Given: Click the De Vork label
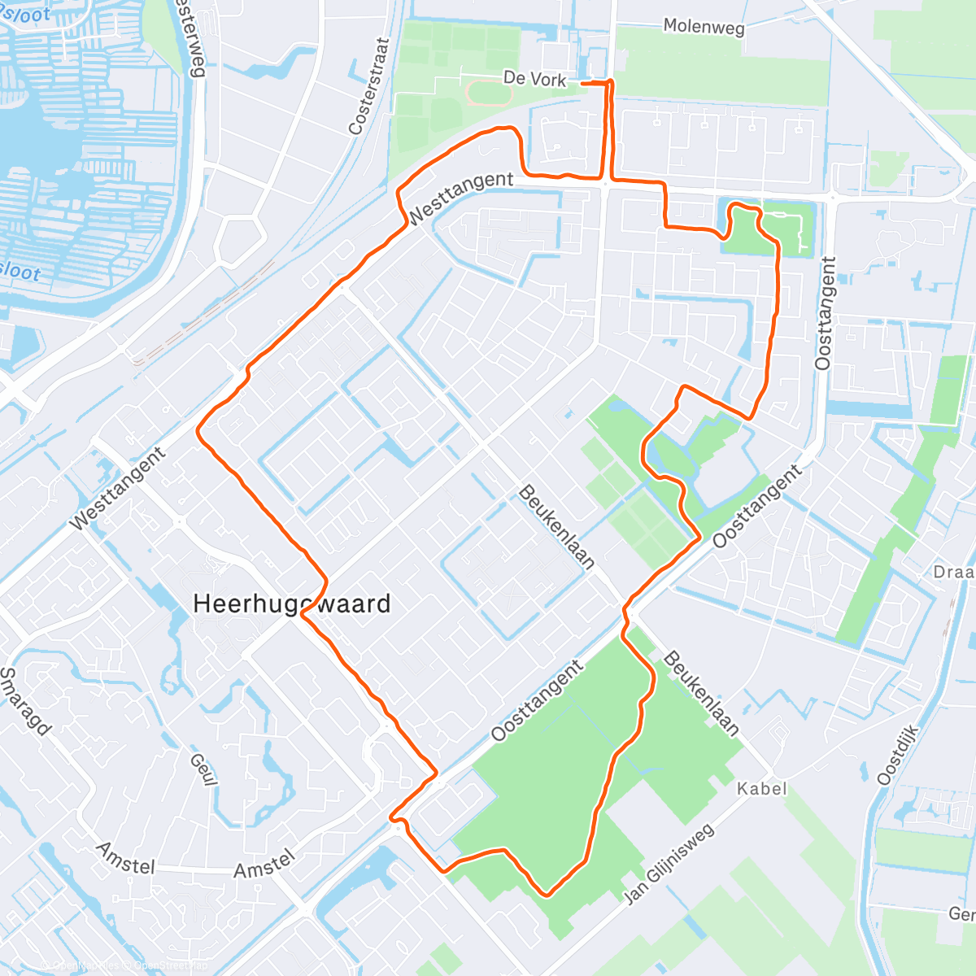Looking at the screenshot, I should click(534, 78).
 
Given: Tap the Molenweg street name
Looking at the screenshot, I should click(704, 27).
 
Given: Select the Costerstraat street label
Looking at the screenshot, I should click(368, 85).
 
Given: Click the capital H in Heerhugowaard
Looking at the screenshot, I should click(203, 603).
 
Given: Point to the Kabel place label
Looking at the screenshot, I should click(762, 788).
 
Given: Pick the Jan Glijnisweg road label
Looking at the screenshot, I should click(669, 864).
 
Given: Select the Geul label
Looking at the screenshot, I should click(203, 769).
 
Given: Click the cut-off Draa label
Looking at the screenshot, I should click(953, 573).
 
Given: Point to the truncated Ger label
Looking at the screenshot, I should click(961, 914).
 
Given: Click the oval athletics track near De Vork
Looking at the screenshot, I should click(489, 94).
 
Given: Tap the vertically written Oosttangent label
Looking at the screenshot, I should click(826, 313).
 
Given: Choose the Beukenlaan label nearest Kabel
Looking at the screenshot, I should click(702, 693).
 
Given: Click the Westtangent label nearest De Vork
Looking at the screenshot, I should click(460, 198).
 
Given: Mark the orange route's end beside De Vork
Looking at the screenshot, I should click(583, 82).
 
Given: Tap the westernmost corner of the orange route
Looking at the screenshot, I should click(198, 430).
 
